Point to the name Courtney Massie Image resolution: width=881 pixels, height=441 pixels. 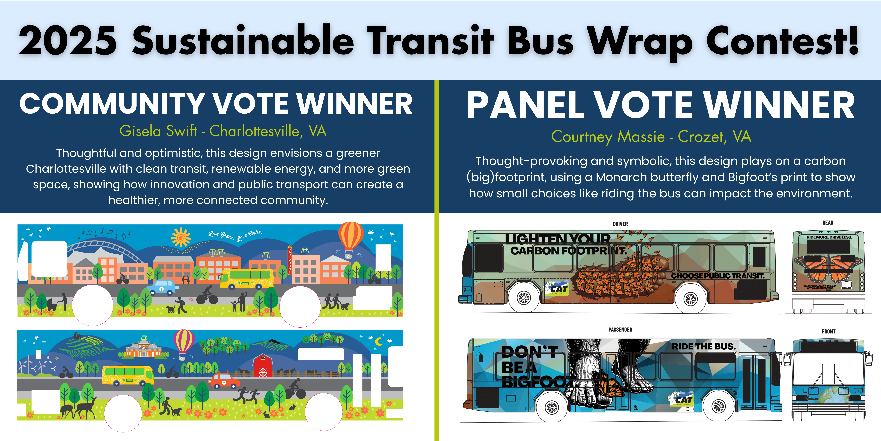(x=608, y=137)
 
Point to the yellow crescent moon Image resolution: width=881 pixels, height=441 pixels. (x=379, y=341)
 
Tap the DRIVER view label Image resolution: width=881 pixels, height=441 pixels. (x=620, y=224)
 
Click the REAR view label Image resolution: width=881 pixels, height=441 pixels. (x=828, y=223)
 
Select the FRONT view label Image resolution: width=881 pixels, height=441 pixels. (x=828, y=331)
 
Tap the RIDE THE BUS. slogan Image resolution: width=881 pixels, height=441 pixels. (x=703, y=346)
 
